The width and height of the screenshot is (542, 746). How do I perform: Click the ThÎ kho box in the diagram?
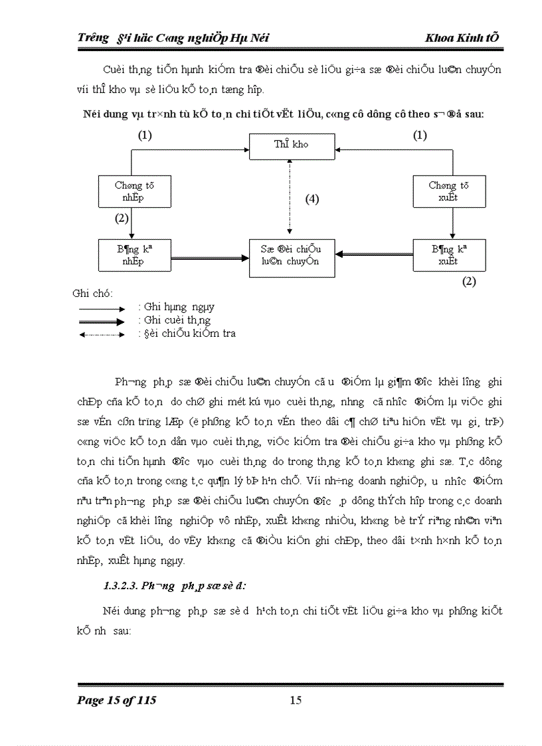(x=292, y=145)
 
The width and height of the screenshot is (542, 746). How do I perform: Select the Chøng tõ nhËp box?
(x=134, y=191)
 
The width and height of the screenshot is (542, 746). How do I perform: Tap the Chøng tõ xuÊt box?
(x=448, y=191)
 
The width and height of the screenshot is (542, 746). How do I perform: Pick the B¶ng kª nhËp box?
(x=134, y=255)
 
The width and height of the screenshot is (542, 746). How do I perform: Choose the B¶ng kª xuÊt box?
(x=448, y=255)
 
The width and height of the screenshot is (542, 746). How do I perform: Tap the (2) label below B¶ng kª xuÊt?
(x=469, y=281)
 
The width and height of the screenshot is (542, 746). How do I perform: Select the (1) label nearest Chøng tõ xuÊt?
(x=420, y=136)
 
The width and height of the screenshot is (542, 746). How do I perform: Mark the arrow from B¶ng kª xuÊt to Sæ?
(x=373, y=254)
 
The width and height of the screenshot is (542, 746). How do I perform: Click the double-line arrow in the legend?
(x=101, y=321)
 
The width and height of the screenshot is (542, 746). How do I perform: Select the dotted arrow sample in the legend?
(x=101, y=334)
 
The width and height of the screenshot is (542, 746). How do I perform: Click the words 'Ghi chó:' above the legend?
(x=92, y=293)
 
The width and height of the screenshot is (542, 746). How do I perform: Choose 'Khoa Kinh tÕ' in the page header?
(x=462, y=38)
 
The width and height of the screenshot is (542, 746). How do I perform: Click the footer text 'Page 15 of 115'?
(x=117, y=700)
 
